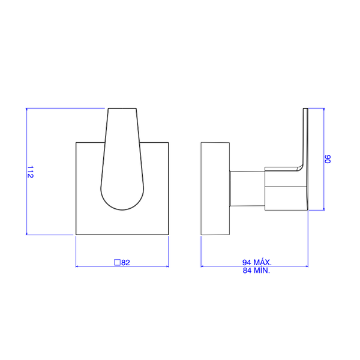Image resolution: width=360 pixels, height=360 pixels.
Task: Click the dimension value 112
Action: (31, 172)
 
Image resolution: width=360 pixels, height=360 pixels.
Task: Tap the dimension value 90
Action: (328, 159)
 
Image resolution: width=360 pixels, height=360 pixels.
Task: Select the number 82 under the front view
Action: (125, 262)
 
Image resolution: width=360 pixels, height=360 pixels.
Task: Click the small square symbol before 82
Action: (118, 262)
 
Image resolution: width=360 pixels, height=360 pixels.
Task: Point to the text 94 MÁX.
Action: (257, 262)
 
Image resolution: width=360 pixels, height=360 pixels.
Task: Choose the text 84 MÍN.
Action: (256, 271)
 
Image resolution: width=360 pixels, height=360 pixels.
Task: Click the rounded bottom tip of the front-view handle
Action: (122, 209)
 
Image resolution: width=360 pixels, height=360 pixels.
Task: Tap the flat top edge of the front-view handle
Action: (122, 109)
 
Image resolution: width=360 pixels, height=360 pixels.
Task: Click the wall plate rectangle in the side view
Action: (215, 189)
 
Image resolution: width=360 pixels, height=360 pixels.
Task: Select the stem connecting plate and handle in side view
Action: (247, 188)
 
